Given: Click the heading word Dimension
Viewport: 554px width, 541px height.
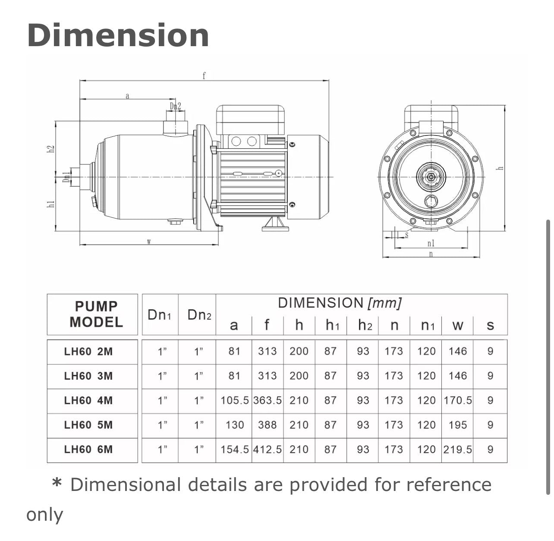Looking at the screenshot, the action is [118, 35].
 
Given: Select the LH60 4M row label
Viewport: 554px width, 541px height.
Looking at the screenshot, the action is [88, 400].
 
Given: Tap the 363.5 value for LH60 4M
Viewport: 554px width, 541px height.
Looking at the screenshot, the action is [268, 400].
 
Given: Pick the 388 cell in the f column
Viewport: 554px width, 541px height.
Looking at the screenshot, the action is [268, 425].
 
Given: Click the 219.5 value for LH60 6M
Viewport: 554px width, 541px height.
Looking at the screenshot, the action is [457, 450].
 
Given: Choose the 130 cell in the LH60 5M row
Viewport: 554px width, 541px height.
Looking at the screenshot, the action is [235, 425].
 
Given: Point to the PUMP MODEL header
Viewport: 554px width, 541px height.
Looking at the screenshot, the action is [96, 314].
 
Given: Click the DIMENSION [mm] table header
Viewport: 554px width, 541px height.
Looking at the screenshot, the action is [340, 303].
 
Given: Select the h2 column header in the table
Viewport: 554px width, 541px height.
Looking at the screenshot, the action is [365, 325].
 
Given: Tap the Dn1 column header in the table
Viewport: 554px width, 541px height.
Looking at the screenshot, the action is [159, 315].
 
